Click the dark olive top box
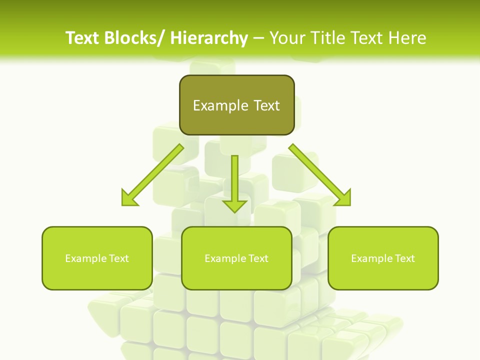[x=236, y=105]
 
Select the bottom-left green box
[x=97, y=258]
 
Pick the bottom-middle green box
[x=236, y=258]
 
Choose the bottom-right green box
[x=383, y=258]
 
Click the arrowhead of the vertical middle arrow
[x=234, y=205]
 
